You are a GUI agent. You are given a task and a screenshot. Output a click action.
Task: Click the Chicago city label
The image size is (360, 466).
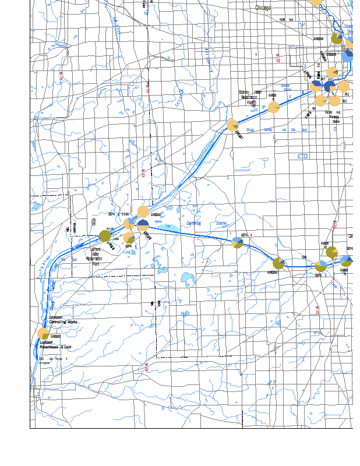coord(267,8)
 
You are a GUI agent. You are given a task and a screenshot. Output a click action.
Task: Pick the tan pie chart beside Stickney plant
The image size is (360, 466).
coord(273,108)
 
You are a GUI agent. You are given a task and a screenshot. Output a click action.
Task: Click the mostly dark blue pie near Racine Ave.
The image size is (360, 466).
coord(329,86)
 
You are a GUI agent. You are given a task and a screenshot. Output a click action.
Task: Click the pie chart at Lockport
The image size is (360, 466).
coord(43,334)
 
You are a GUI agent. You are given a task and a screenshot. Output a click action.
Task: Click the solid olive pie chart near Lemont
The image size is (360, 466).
coord(105,236)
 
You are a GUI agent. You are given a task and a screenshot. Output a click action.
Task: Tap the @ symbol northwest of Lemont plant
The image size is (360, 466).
coord(93,222)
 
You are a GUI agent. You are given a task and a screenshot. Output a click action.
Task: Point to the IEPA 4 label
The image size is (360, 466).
coord(248,234)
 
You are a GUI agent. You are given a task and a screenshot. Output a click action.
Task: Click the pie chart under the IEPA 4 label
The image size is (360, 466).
coord(237,242)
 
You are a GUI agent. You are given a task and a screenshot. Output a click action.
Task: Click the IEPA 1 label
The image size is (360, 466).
coord(128,246)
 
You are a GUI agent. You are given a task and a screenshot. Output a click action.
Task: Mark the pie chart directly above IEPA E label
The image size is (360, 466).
coord(320,266)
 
